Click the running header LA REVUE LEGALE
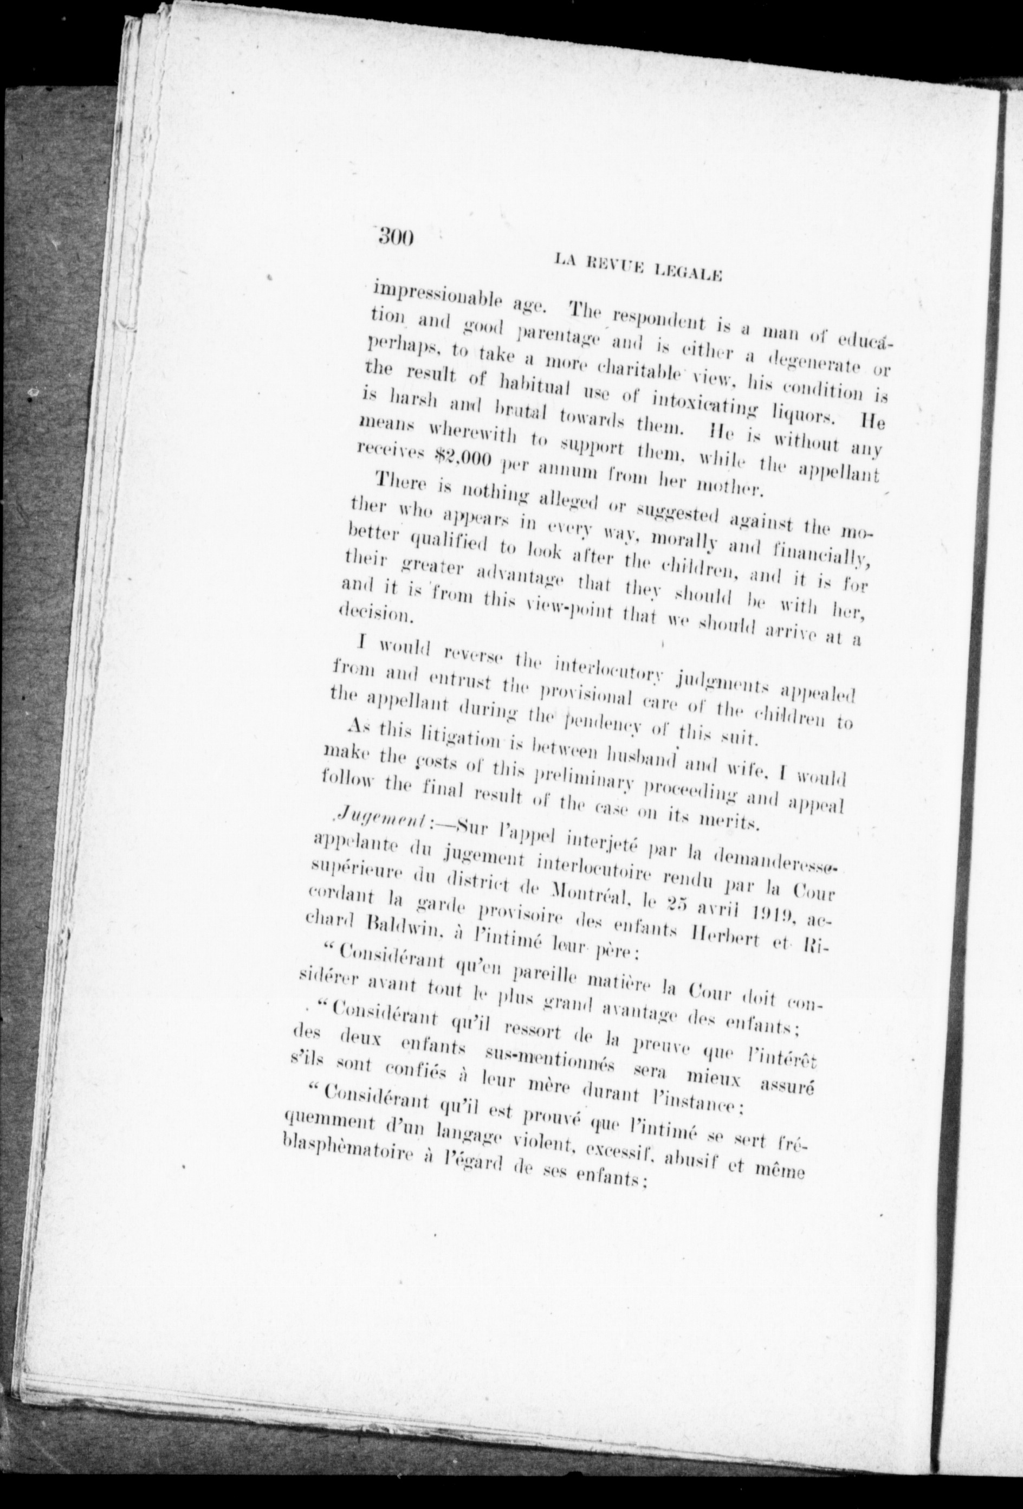click(639, 267)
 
